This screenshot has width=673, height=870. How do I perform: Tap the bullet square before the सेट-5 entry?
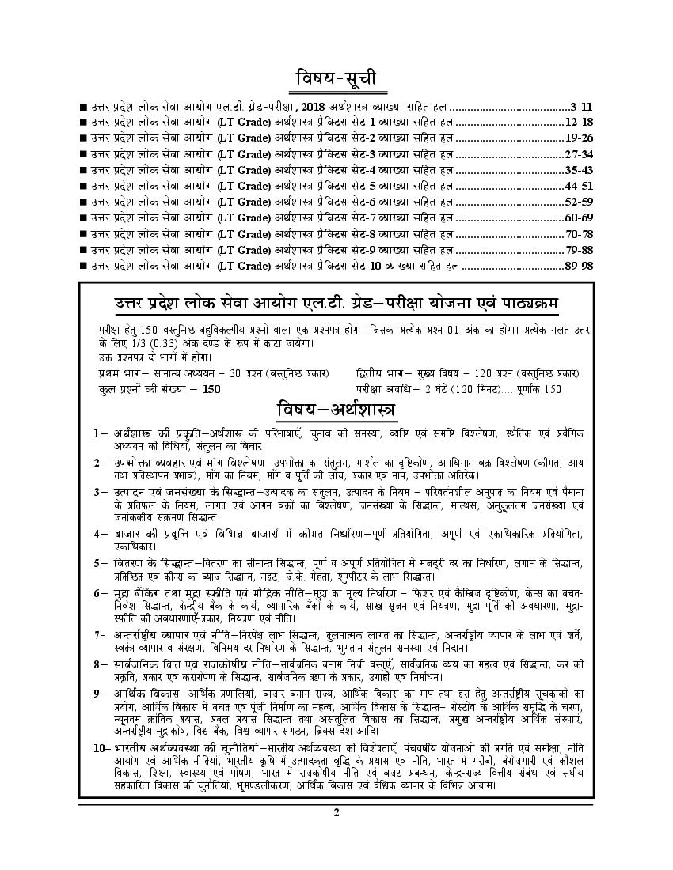[x=83, y=187]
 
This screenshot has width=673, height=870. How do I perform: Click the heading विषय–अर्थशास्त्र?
[x=336, y=410]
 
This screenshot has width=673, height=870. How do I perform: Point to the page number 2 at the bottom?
[x=336, y=812]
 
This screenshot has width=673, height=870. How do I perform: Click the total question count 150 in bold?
[x=211, y=389]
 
